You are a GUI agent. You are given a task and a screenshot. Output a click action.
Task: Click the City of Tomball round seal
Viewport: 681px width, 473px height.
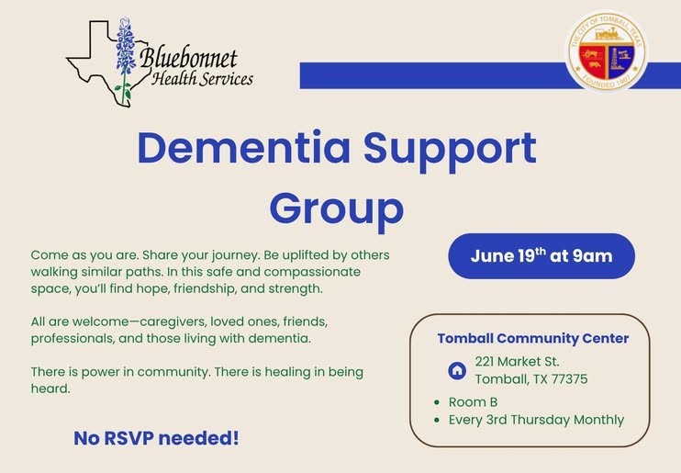coord(607,51)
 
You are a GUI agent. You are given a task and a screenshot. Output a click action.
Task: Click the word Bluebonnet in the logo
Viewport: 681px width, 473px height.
coord(188,59)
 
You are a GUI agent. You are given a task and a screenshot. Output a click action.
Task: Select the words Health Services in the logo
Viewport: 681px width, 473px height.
coord(203,79)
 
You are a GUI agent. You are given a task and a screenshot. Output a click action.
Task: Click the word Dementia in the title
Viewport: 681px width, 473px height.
coord(243,148)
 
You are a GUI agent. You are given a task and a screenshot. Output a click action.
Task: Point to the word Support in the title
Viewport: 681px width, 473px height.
coord(450,151)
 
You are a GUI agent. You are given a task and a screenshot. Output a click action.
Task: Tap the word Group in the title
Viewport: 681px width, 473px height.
coord(337,210)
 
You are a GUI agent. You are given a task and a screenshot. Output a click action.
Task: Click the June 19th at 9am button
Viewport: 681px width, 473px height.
coord(541,256)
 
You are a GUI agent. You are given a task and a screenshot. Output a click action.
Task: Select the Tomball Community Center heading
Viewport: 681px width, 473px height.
coord(533,338)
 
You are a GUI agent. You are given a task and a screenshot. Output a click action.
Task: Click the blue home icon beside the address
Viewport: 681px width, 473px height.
coord(457,370)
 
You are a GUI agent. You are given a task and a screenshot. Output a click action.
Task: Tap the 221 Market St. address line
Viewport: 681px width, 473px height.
coord(517,361)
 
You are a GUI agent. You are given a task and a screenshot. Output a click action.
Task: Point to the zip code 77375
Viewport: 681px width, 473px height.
coord(569,379)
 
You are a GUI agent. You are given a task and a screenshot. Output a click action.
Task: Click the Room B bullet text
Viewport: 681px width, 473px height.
coord(473,402)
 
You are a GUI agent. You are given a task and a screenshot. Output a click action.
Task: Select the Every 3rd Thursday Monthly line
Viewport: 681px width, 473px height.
coord(536,420)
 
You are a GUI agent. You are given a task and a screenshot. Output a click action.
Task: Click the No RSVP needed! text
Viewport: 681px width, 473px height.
coord(156,438)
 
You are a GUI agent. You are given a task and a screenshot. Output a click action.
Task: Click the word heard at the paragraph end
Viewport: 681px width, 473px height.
coord(50,389)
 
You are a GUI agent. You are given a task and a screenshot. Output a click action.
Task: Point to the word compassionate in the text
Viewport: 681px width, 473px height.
coord(312,272)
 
